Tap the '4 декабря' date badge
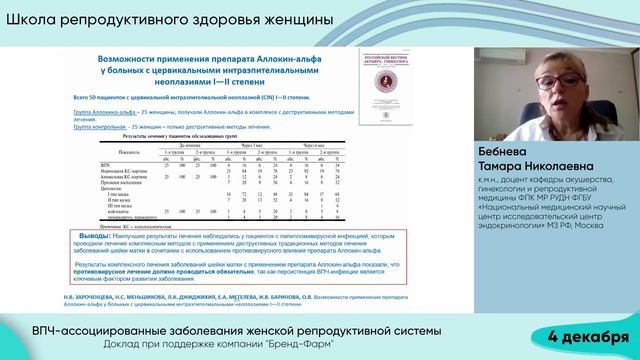[589, 333]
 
